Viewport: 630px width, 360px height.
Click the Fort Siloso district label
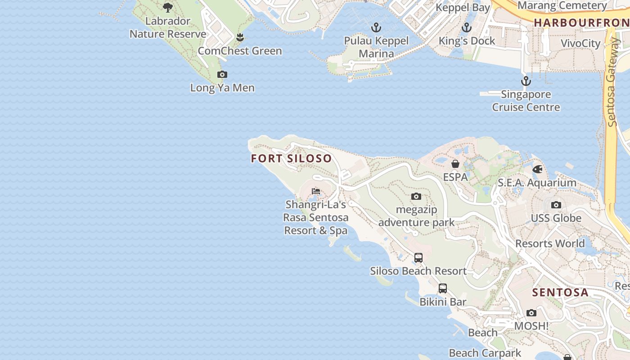click(x=291, y=158)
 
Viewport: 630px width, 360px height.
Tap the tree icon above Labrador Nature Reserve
click(x=168, y=8)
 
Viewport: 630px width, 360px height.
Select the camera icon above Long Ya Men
click(x=222, y=75)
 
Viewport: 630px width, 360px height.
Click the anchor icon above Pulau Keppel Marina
click(x=376, y=28)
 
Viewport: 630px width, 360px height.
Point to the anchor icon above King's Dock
click(x=467, y=28)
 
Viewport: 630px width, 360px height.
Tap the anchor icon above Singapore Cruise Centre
click(x=526, y=81)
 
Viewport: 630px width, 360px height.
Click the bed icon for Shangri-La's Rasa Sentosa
click(x=316, y=191)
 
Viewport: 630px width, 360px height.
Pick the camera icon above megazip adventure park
click(x=416, y=196)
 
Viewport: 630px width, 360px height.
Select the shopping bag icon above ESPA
click(x=455, y=164)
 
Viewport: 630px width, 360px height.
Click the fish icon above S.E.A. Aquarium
click(x=537, y=170)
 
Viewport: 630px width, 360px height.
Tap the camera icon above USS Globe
click(x=556, y=205)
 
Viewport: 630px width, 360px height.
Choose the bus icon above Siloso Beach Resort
click(x=418, y=258)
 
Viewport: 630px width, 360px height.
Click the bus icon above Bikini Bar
click(x=443, y=288)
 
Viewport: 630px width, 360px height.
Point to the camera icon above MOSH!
click(x=531, y=313)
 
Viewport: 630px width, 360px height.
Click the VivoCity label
click(x=580, y=44)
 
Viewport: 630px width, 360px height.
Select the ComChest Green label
click(x=240, y=51)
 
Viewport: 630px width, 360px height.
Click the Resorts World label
click(x=550, y=243)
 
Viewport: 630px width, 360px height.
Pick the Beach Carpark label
click(x=485, y=353)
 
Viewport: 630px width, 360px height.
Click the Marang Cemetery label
click(x=562, y=6)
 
